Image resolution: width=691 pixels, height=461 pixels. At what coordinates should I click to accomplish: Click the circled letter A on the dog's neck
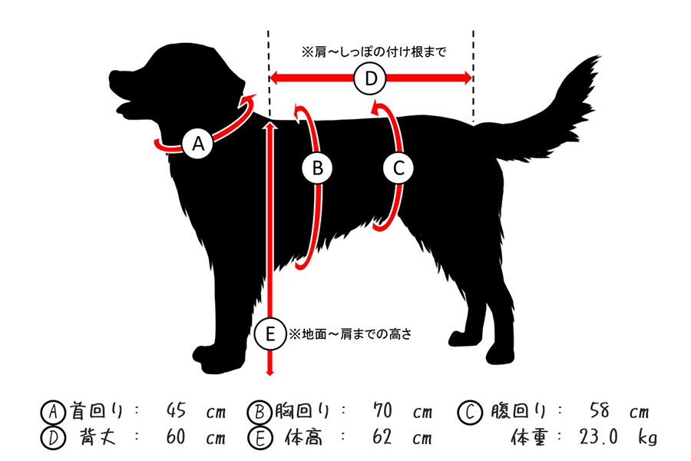[198, 144]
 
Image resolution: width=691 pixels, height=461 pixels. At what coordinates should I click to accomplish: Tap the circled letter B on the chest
[317, 168]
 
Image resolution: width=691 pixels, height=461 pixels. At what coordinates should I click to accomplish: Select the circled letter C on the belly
[398, 168]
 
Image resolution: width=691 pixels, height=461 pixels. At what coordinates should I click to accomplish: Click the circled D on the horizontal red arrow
[371, 79]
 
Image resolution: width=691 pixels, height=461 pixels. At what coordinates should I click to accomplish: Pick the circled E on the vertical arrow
[270, 334]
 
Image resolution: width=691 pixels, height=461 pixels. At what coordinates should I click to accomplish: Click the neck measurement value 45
[177, 411]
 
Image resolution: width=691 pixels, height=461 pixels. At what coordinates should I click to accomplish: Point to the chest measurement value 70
[382, 411]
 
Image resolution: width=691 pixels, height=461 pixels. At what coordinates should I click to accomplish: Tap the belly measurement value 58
[600, 411]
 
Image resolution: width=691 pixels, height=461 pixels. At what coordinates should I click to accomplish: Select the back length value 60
[176, 436]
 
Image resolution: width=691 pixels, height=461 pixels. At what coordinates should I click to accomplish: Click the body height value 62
[382, 436]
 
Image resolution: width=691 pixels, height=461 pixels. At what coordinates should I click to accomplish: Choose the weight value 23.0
[598, 436]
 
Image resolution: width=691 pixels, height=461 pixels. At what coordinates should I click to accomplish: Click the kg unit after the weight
[648, 438]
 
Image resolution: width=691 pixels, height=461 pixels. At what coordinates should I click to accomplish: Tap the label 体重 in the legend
[529, 437]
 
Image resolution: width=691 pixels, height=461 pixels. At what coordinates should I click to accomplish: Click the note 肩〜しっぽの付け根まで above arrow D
[374, 52]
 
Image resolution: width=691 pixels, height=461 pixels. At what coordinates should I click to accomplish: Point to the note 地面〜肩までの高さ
[350, 334]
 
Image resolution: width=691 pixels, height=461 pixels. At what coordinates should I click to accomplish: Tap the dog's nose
[112, 76]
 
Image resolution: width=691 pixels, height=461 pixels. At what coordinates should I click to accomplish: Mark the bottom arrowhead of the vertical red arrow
[270, 372]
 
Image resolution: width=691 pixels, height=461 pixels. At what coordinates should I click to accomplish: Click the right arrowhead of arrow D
[468, 78]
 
